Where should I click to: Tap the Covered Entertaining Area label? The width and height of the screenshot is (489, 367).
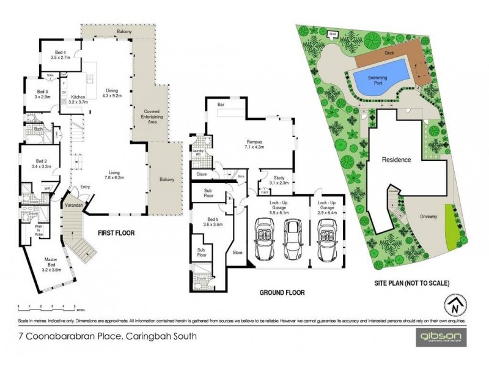pyautogui.click(x=151, y=116)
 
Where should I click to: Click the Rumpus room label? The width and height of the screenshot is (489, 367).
pyautogui.click(x=251, y=144)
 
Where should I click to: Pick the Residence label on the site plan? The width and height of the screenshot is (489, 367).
pyautogui.click(x=397, y=160)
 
